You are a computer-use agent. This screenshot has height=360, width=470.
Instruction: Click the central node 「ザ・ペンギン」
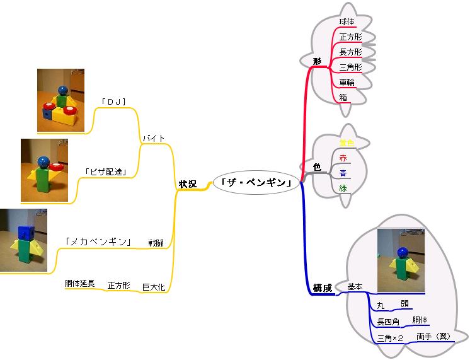(256, 183)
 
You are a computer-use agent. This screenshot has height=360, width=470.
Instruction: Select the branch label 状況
(187, 184)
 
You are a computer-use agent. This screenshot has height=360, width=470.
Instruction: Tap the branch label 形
(318, 61)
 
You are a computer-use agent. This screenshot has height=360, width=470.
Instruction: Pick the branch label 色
(317, 167)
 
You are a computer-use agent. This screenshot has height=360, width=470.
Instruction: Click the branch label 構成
(323, 288)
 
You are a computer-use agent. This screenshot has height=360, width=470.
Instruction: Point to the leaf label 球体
(347, 22)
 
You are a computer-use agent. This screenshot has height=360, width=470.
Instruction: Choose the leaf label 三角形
(350, 67)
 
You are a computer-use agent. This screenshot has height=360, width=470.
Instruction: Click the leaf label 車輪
(347, 83)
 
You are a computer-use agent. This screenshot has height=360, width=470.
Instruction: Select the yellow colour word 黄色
(347, 142)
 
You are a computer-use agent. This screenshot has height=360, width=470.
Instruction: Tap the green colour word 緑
(343, 187)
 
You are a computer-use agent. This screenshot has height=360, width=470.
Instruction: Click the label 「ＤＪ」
(114, 101)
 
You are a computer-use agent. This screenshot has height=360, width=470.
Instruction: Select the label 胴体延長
(79, 284)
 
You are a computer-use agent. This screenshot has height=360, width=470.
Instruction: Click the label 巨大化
(154, 287)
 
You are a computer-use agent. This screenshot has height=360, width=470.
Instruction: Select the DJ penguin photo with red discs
(60, 100)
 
